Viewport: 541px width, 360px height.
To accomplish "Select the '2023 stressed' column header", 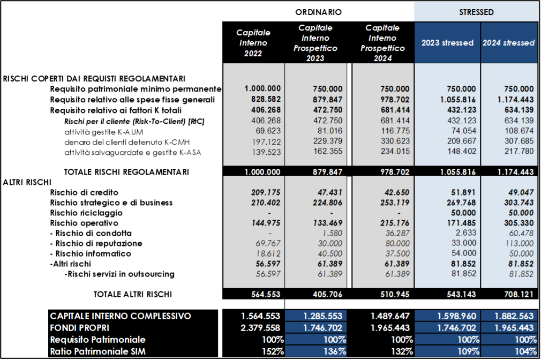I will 447,43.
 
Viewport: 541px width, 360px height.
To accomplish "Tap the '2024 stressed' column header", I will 508,43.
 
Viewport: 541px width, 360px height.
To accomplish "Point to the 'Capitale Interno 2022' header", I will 253,43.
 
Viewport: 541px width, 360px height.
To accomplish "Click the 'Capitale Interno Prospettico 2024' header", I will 382,43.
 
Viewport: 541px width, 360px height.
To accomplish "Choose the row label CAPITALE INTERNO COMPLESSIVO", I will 121,316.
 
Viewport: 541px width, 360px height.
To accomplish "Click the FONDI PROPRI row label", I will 80,328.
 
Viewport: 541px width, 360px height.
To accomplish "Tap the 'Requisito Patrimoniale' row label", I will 97,340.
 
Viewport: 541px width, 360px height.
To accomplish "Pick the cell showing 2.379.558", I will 262,328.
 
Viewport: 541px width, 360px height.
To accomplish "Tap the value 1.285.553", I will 323,316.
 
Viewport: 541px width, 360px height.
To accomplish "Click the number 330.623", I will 395,141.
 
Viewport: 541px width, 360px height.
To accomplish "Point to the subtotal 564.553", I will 266,294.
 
